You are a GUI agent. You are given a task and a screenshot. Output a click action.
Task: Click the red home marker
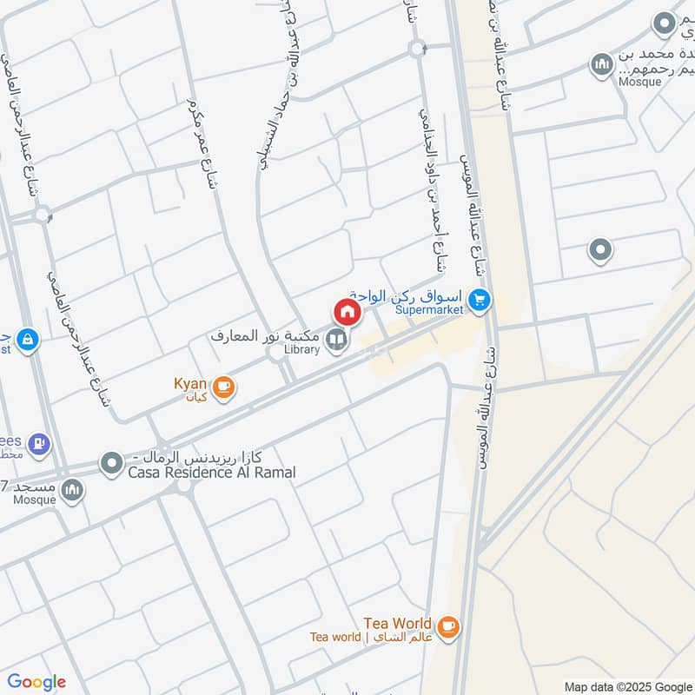pos(347,310)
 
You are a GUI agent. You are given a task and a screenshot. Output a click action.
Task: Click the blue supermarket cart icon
pos(479,301)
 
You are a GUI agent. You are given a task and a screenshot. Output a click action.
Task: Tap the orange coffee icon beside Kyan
pos(223,387)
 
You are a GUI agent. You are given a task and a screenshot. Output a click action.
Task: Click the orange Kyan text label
pos(190,382)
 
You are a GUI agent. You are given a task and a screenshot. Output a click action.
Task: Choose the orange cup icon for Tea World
pos(448,626)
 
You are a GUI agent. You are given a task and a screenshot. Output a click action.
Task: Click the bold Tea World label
pos(397,623)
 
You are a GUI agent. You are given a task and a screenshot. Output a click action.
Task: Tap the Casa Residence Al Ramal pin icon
pos(111,464)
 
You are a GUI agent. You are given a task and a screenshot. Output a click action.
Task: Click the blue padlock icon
pos(28,338)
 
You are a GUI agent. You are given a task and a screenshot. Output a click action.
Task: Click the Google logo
pos(36,682)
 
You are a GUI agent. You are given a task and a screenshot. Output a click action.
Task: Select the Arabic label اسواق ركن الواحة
pos(408,294)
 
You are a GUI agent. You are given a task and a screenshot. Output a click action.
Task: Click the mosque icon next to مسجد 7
pos(72,491)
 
